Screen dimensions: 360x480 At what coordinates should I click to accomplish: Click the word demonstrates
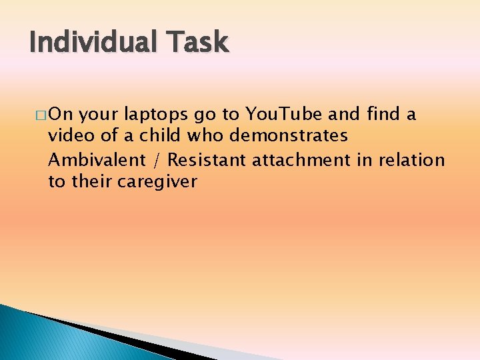(289, 137)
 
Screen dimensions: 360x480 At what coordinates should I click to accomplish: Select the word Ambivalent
(97, 159)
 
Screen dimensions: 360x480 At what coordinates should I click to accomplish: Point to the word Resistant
(207, 159)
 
